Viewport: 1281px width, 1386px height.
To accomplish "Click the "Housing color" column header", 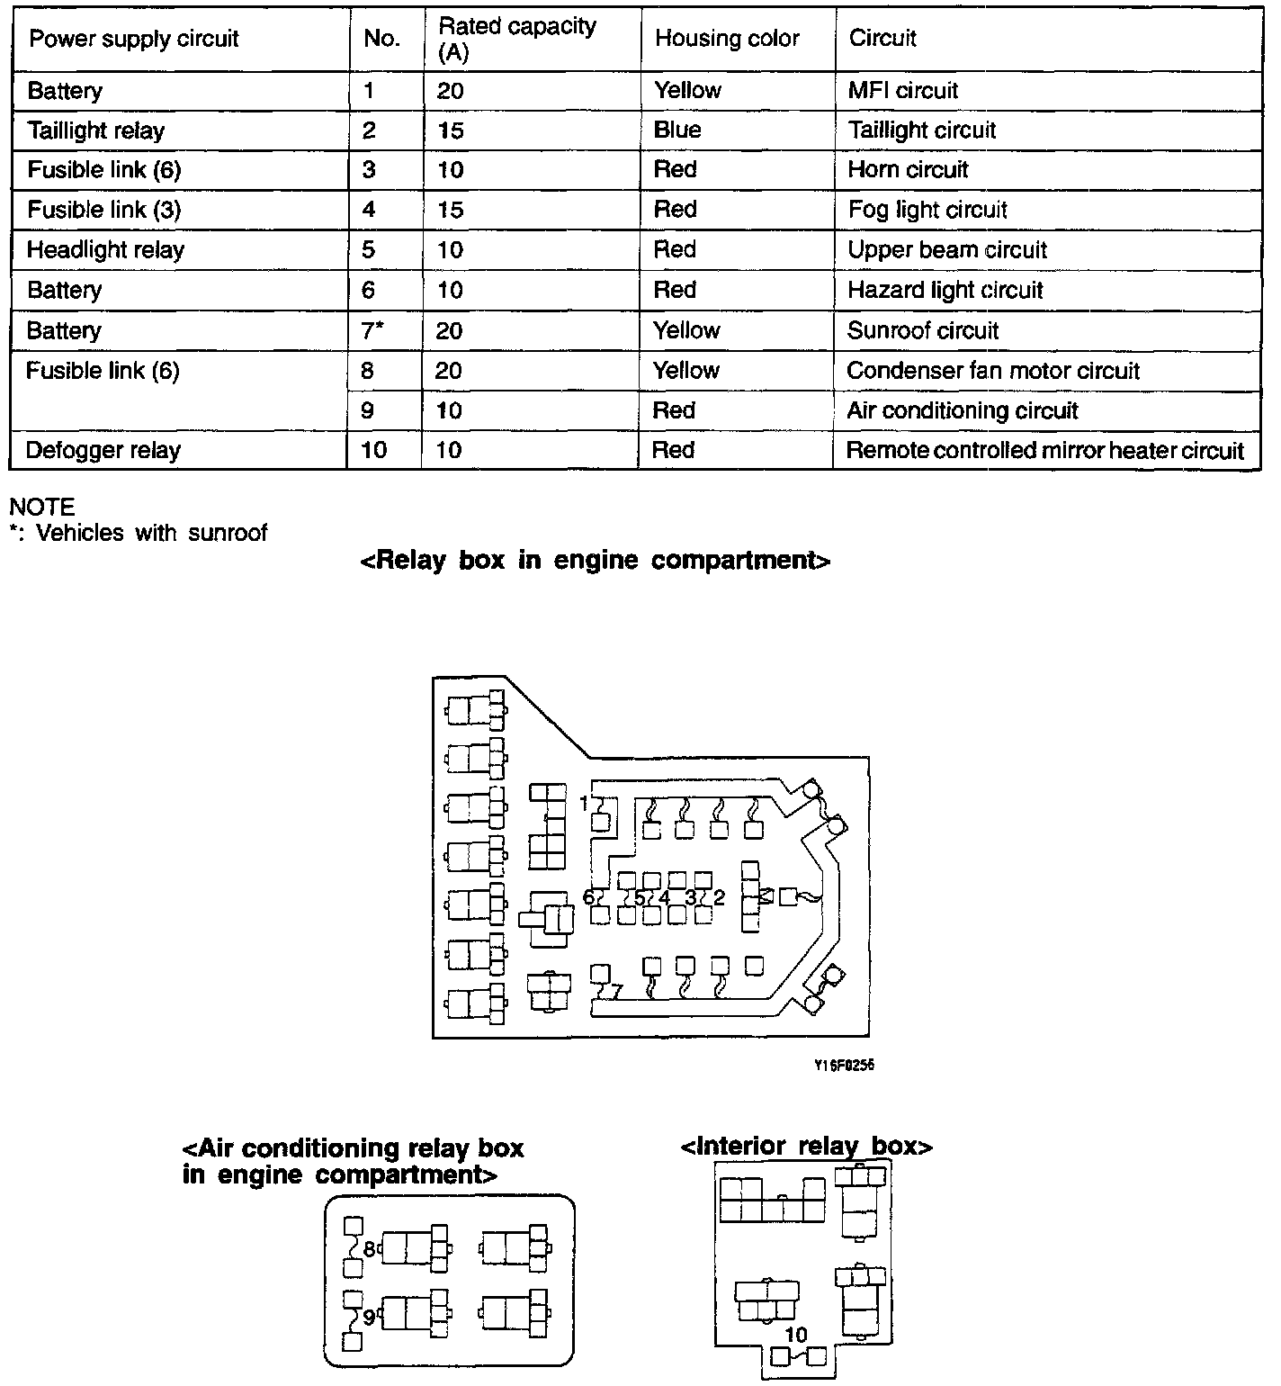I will pos(727,39).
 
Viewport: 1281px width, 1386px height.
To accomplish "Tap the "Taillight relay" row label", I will pos(95,130).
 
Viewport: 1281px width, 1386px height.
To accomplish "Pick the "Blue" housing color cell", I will pos(677,130).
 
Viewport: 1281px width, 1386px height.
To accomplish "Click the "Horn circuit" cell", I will pos(908,169).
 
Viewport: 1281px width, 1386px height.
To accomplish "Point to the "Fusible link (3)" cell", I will pos(103,210).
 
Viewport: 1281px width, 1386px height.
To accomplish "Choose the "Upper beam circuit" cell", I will pos(947,249).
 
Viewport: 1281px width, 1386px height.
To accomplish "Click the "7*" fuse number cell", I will pos(372,330).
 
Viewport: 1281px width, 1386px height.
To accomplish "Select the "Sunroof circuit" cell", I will pos(923,330).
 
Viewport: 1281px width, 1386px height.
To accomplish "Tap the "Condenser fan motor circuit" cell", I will pos(993,371).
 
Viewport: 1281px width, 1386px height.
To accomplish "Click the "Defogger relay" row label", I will pos(103,450).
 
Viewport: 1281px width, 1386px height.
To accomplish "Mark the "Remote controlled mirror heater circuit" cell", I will pos(1044,450).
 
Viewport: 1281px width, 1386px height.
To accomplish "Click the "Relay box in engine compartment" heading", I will pos(595,561).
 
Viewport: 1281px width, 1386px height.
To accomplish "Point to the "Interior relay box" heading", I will pos(806,1147).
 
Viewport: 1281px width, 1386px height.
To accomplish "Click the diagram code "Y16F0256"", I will pos(844,1066).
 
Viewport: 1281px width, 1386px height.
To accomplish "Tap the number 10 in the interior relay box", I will pos(796,1336).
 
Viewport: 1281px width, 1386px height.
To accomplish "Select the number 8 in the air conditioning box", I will pos(369,1249).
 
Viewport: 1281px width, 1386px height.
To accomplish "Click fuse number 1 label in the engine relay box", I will pos(584,802).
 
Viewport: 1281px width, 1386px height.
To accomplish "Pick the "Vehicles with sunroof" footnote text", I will pos(151,533).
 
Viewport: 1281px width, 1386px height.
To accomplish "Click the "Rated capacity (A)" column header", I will pos(516,39).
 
